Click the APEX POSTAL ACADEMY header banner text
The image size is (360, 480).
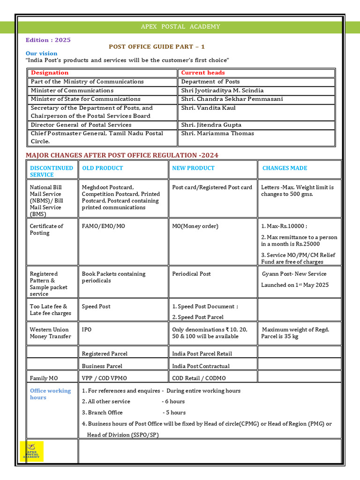180,27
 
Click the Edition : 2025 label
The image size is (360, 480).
48,40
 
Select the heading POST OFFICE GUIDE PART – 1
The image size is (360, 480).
157,47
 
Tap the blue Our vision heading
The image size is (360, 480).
41,53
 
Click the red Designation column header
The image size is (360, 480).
49,73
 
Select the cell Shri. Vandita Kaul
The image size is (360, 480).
208,108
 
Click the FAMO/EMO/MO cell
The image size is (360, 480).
103,226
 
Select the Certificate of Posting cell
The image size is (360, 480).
46,229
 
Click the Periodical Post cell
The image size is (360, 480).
191,274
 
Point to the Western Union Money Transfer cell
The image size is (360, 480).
49,333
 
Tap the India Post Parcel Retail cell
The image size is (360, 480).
202,353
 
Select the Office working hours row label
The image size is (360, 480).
50,394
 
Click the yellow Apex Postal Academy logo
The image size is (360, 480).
32,451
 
